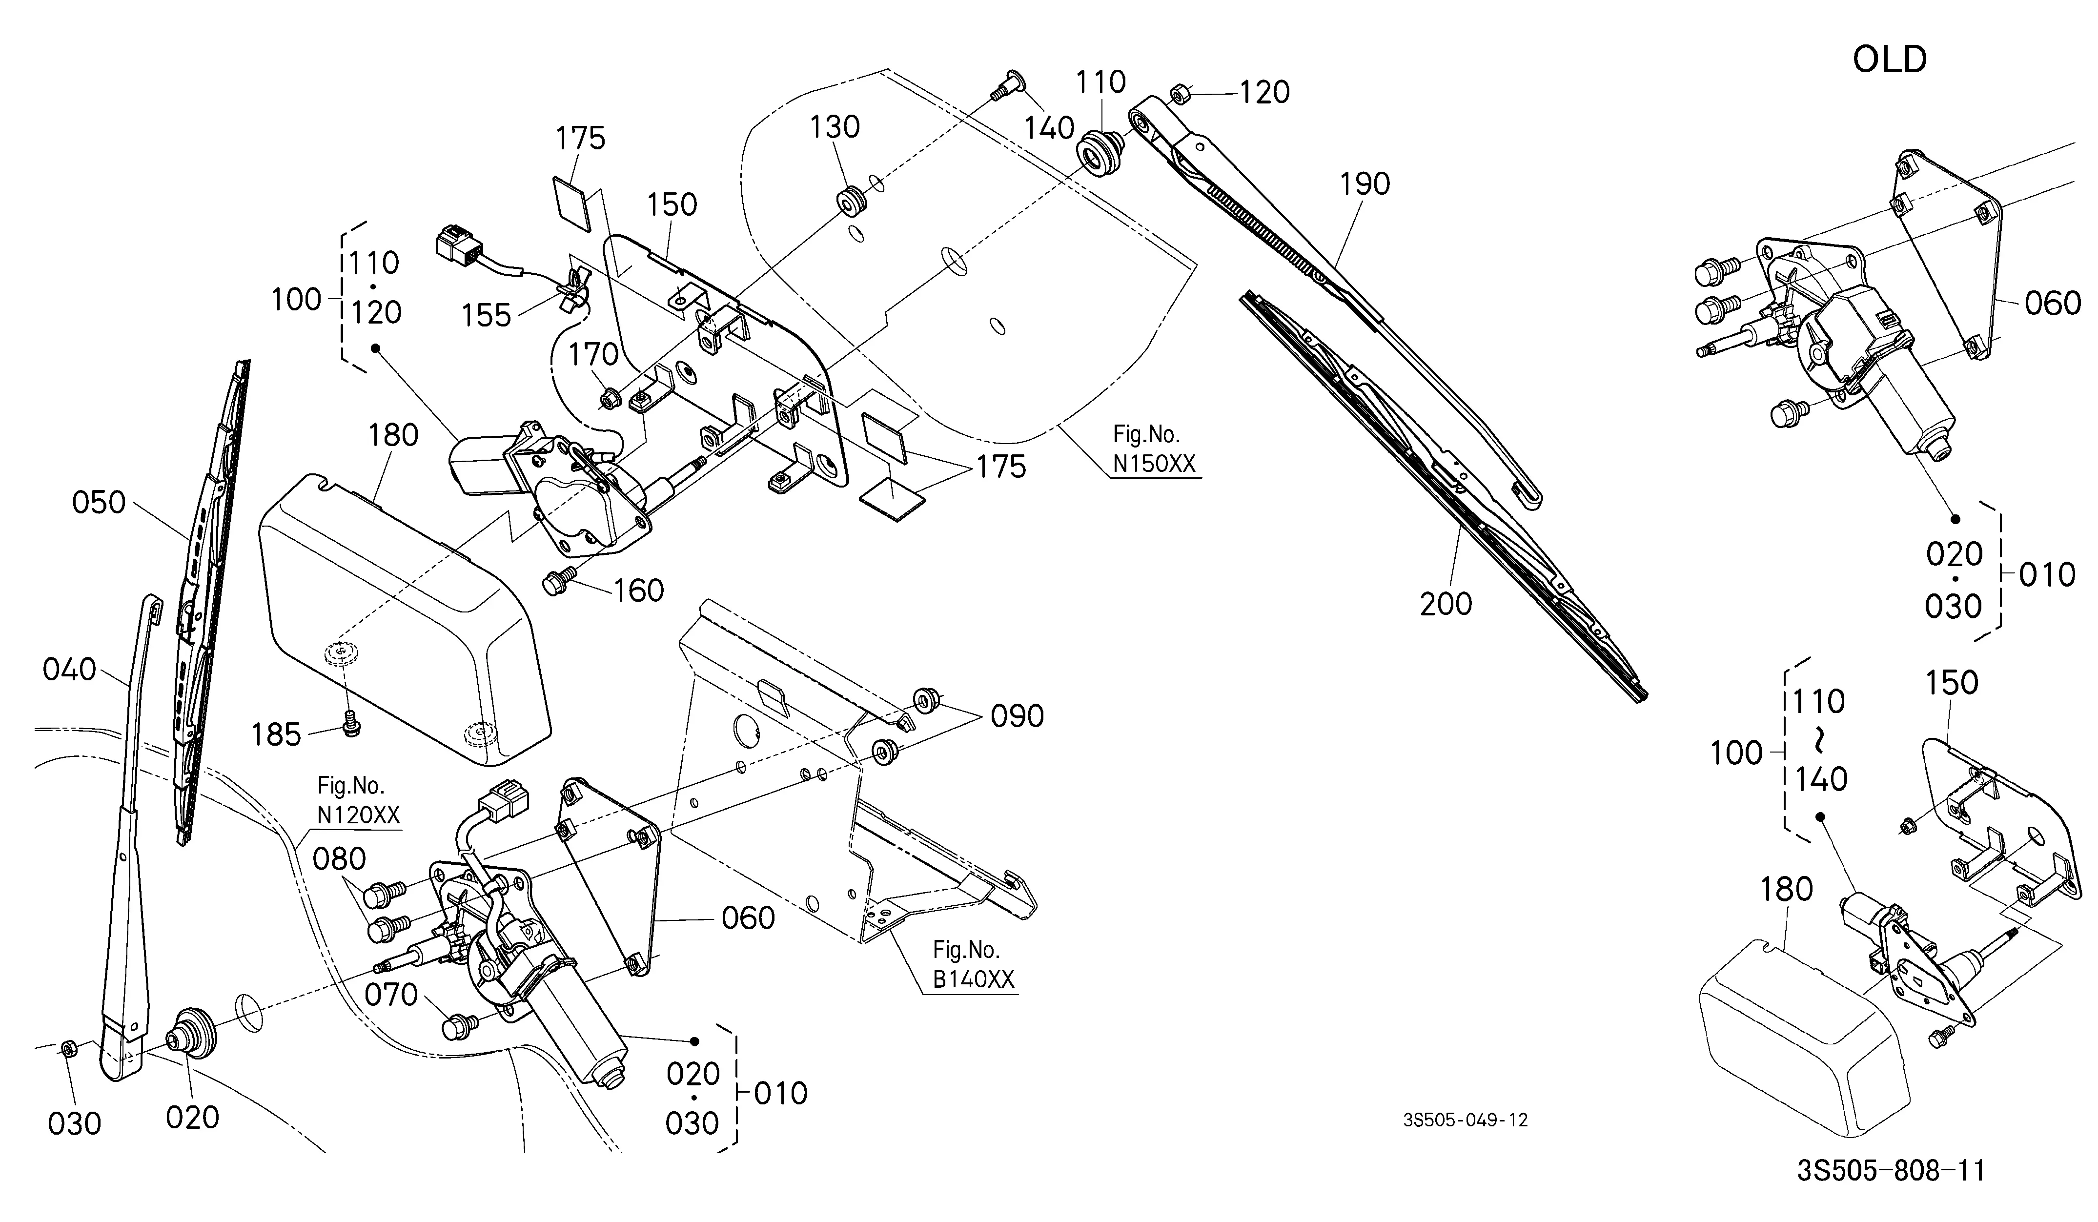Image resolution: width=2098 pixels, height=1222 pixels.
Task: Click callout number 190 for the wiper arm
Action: pyautogui.click(x=1365, y=184)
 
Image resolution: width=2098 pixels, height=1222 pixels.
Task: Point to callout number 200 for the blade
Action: pyautogui.click(x=1446, y=604)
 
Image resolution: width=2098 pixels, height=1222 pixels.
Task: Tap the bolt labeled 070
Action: pyautogui.click(x=460, y=1025)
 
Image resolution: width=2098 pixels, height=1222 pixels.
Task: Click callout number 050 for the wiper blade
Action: pyautogui.click(x=99, y=503)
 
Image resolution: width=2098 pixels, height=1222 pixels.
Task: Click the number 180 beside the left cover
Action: pyautogui.click(x=393, y=434)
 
